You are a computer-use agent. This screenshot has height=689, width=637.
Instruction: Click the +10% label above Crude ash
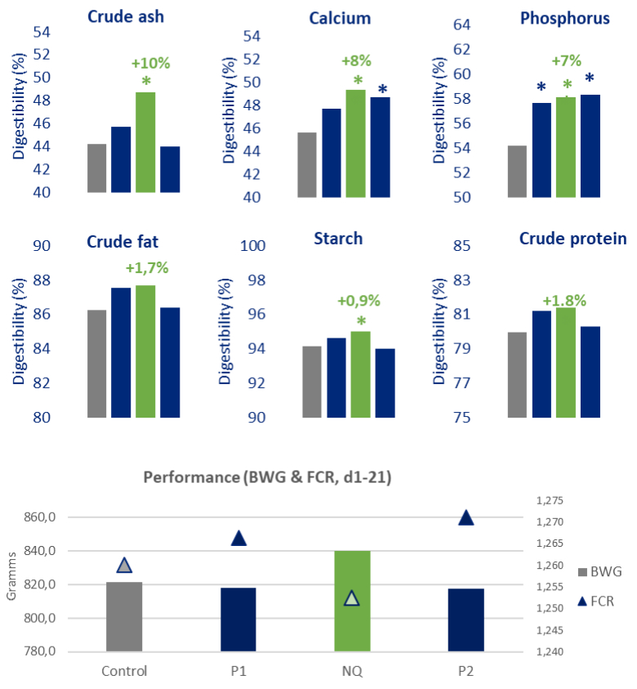[x=150, y=63]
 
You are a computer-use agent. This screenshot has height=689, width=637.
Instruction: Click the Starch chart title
[x=338, y=239]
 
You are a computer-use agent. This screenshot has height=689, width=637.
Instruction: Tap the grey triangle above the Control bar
[x=124, y=565]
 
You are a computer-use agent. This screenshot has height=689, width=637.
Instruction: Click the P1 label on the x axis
[x=238, y=671]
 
